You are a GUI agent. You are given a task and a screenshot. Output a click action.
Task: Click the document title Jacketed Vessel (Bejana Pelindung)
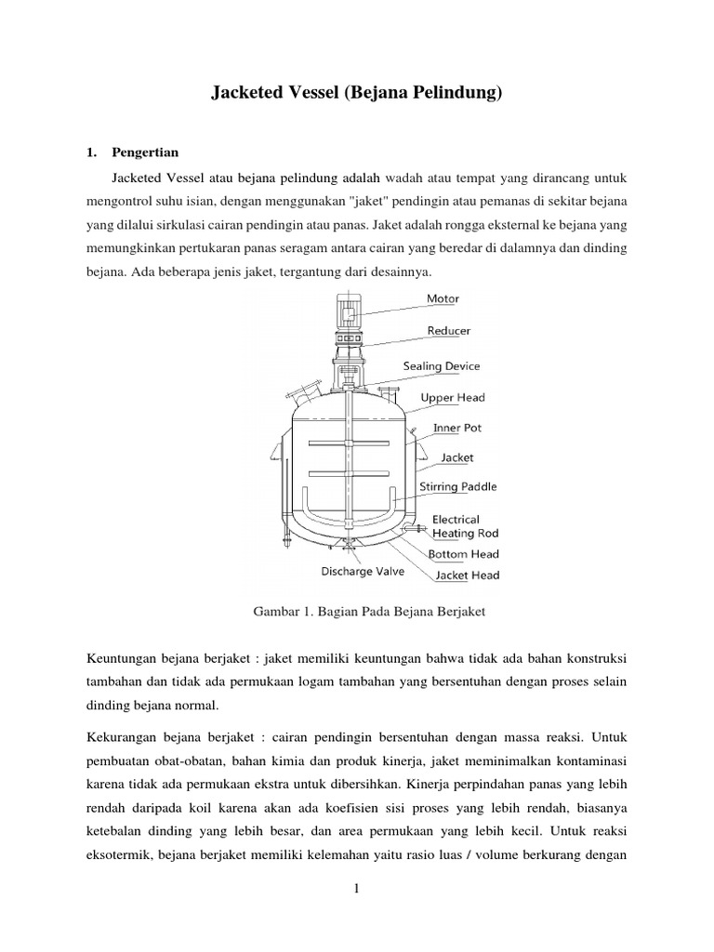(x=357, y=93)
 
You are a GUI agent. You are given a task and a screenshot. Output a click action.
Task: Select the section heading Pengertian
(x=147, y=152)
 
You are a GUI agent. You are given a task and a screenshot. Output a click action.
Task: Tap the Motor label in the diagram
(x=443, y=298)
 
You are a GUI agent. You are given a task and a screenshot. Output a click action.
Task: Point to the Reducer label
(x=448, y=330)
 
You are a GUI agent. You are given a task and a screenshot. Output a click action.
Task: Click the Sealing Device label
(x=441, y=366)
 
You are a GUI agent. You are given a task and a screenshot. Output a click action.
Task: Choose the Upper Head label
(x=452, y=398)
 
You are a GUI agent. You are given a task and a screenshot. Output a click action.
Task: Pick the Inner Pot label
(x=456, y=429)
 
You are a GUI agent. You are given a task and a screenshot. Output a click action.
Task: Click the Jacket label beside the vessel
(x=456, y=457)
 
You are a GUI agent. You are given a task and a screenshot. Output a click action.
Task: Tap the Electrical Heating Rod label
(x=465, y=526)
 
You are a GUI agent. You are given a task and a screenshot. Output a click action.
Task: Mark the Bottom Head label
(x=463, y=554)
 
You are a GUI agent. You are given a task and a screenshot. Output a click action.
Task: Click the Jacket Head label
(x=467, y=575)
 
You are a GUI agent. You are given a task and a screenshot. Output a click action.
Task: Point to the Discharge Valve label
(x=363, y=572)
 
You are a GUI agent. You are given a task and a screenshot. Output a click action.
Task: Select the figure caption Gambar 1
(x=357, y=613)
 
